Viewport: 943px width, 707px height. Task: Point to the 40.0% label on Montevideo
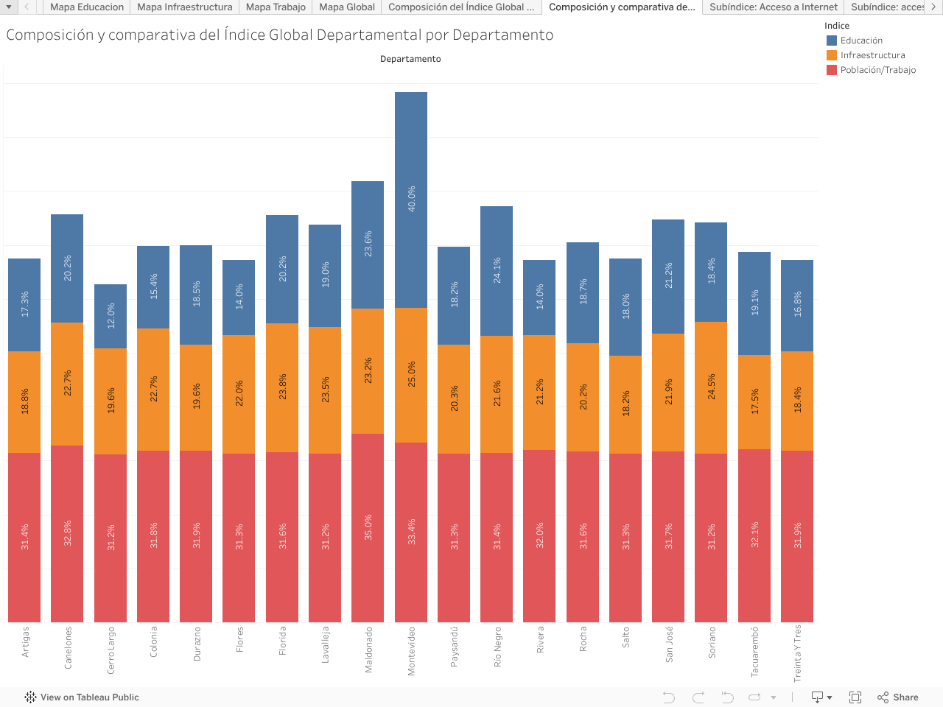(411, 199)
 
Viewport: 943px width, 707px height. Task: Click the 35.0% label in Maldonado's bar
(368, 527)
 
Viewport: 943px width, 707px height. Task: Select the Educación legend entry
(861, 41)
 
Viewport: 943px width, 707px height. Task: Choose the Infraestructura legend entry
(872, 55)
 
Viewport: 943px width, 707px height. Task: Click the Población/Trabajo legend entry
(877, 70)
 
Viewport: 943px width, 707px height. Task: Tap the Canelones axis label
(68, 648)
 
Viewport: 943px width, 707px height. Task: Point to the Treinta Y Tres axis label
(797, 653)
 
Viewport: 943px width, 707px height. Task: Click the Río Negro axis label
(497, 647)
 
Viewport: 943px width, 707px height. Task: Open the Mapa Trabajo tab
(276, 7)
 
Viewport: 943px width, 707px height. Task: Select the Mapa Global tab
(347, 7)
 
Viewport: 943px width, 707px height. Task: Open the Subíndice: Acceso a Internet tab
(774, 7)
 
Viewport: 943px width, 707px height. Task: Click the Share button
(898, 697)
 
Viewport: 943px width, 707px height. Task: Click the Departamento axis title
(410, 59)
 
